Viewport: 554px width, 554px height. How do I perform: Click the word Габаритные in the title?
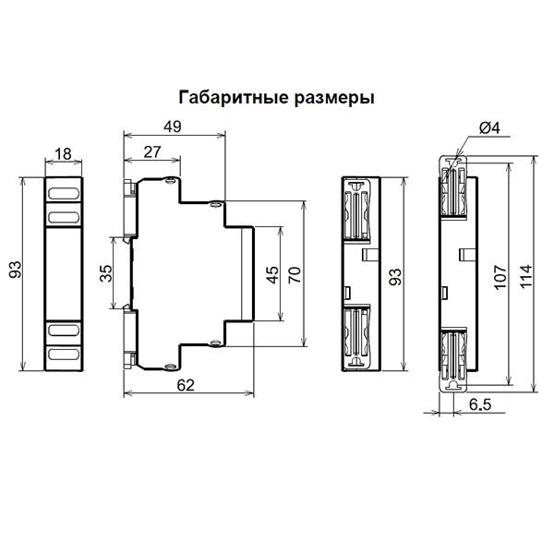(235, 98)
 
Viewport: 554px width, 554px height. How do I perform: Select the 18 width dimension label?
(63, 153)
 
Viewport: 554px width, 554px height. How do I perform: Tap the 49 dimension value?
(173, 126)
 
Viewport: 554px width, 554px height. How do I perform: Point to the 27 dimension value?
(152, 152)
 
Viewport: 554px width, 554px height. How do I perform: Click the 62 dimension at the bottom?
(186, 385)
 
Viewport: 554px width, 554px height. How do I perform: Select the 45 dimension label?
(272, 275)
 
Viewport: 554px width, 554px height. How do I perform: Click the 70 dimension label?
(295, 275)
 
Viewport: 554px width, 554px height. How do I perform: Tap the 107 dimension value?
(500, 277)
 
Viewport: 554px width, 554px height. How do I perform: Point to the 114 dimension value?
(525, 277)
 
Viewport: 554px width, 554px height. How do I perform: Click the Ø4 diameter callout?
(489, 128)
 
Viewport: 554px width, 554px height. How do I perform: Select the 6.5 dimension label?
(480, 404)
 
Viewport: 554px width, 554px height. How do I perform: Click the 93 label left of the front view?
(15, 270)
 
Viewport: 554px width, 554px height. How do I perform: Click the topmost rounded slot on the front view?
(64, 193)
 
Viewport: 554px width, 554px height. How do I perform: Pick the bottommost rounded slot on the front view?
(64, 354)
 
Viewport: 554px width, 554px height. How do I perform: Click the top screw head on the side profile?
(171, 181)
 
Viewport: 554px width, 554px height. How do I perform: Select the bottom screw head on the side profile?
(171, 367)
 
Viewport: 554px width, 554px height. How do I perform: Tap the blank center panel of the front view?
(64, 274)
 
